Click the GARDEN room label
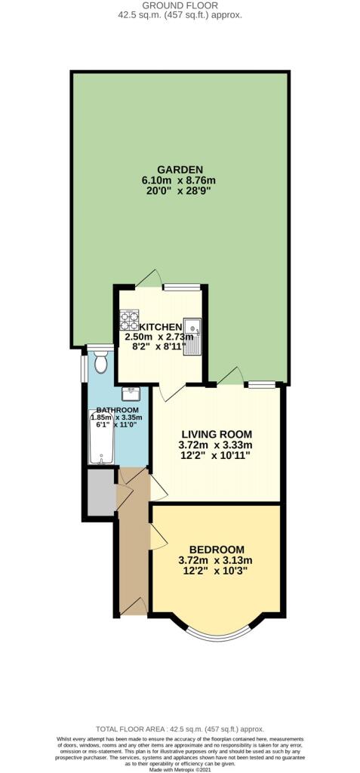(179, 170)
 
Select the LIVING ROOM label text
(217, 434)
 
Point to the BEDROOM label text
(217, 550)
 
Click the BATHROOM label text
(118, 410)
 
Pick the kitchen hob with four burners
(129, 319)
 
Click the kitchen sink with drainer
(192, 337)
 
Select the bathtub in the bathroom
(101, 436)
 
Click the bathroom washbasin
(131, 393)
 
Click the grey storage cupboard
(101, 492)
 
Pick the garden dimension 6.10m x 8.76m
(179, 180)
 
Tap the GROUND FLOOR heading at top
(179, 5)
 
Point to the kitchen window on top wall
(182, 287)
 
